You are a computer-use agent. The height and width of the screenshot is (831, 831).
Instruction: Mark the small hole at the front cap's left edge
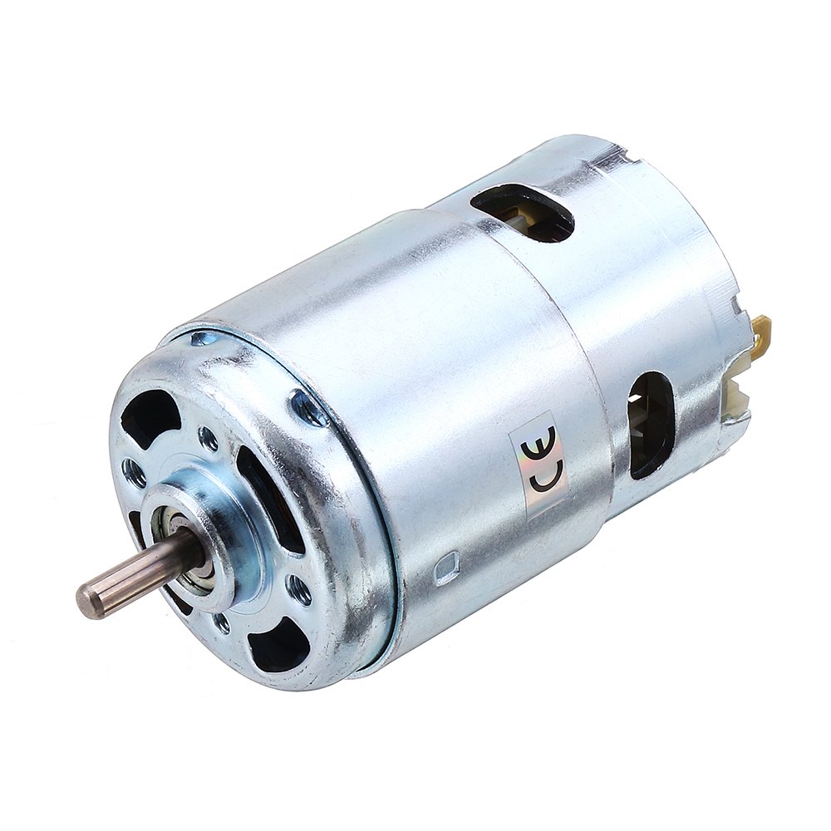click(x=133, y=473)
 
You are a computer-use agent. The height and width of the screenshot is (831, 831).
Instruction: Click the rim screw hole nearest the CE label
click(x=309, y=407)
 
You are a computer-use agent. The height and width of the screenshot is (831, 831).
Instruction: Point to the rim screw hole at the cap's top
click(x=202, y=338)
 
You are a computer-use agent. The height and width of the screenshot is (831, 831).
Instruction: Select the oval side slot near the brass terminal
click(x=652, y=424)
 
